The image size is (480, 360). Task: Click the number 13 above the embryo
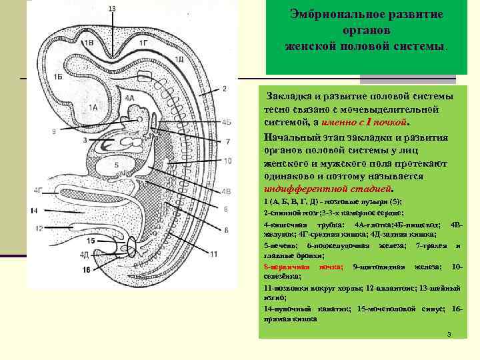(x=111, y=8)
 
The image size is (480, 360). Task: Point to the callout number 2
(x=225, y=89)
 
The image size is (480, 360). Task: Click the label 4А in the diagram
(x=131, y=98)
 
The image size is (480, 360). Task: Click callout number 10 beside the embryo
(x=227, y=161)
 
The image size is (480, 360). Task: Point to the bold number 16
(x=86, y=269)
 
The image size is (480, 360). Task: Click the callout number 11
(x=213, y=254)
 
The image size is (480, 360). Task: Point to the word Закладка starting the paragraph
(x=288, y=97)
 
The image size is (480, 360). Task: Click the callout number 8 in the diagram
(x=226, y=230)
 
